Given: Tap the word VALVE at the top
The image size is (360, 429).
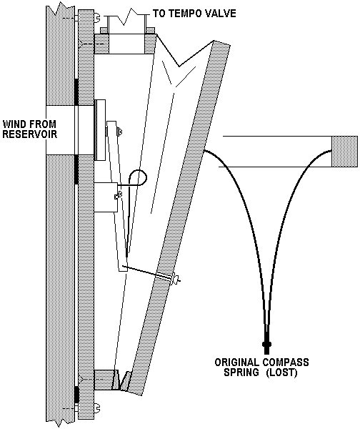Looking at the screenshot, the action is point(221,13).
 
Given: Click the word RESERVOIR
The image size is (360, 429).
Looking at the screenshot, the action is point(30,134).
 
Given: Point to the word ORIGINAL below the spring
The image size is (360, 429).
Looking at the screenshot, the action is point(237,363).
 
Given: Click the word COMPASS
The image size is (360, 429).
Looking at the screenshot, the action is point(286,363).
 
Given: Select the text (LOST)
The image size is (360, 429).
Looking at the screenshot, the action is point(281,373).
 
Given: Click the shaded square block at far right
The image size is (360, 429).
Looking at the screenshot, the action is point(344,152).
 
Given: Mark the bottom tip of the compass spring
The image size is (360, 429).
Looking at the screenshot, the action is point(266,353).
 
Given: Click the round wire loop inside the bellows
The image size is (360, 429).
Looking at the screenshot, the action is point(138,178).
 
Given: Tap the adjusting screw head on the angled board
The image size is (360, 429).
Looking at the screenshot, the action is point(176,280).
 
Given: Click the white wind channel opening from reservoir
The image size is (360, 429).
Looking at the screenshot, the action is point(61,130).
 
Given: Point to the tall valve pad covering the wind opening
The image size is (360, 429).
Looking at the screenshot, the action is point(100,130).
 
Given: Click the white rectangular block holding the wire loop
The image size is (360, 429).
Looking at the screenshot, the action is point(106,197).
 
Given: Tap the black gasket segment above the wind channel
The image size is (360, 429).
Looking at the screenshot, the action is point(76,92).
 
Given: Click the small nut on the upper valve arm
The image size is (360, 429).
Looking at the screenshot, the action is point(119,132).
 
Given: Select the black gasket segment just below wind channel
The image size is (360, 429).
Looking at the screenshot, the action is point(76,169).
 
